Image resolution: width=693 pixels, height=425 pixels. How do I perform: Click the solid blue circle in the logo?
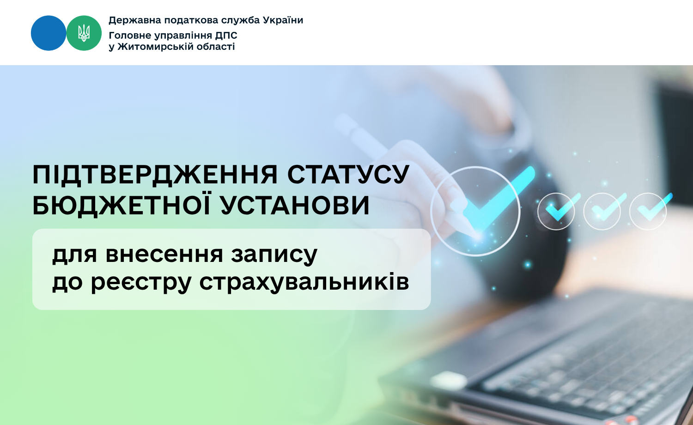click(49, 33)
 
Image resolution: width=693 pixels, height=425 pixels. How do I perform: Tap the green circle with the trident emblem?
click(84, 33)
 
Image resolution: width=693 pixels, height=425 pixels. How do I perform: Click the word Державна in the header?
click(134, 21)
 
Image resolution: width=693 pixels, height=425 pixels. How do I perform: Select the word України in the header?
click(283, 20)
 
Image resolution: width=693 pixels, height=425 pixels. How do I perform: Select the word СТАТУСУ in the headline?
click(348, 175)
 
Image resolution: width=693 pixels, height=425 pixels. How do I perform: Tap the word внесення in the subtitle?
click(164, 255)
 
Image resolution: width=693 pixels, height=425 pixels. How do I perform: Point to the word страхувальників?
click(304, 282)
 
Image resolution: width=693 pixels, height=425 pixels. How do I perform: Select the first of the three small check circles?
click(556, 211)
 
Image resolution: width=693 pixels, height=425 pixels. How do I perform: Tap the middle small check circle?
click(602, 211)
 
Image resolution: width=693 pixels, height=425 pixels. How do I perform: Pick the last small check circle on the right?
click(648, 211)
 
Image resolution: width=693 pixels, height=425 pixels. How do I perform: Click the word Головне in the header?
click(130, 36)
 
